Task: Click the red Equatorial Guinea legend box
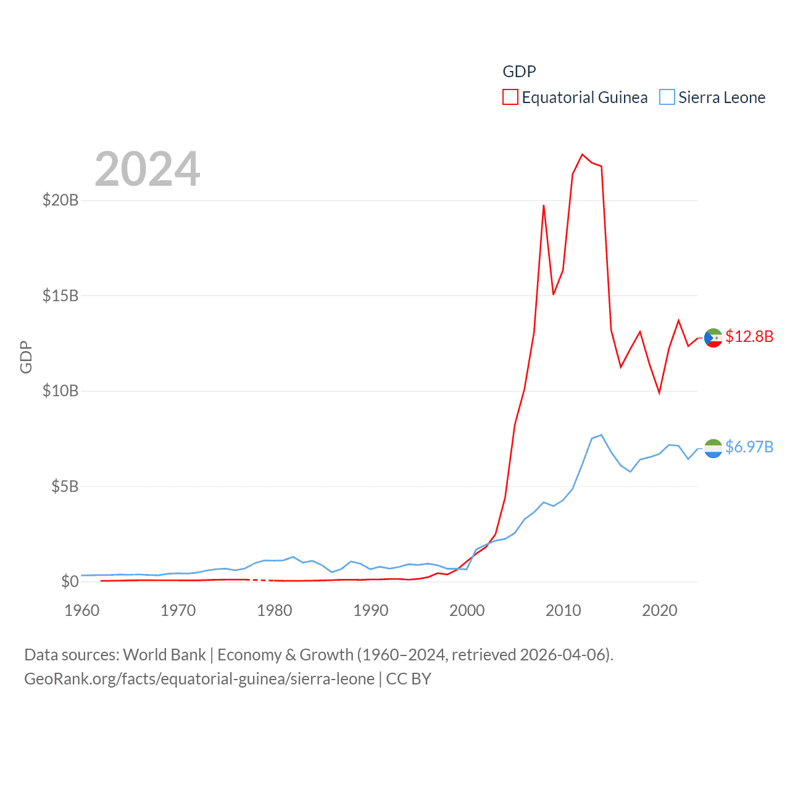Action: pyautogui.click(x=510, y=98)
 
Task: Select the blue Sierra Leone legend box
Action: pyautogui.click(x=667, y=98)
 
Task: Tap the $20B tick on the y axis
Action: pyautogui.click(x=60, y=200)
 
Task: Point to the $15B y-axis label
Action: pyautogui.click(x=60, y=296)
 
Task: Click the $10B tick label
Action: pyautogui.click(x=60, y=391)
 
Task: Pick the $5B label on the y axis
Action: pyautogui.click(x=65, y=486)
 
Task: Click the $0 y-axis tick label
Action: pyautogui.click(x=70, y=581)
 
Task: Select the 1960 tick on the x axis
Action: pyautogui.click(x=82, y=610)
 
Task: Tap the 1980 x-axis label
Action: pyautogui.click(x=275, y=610)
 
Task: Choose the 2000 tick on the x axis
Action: pyautogui.click(x=467, y=610)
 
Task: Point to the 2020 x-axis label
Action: pyautogui.click(x=660, y=610)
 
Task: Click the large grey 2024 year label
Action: pyautogui.click(x=148, y=169)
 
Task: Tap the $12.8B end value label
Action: pyautogui.click(x=749, y=336)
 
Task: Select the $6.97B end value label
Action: pyautogui.click(x=749, y=447)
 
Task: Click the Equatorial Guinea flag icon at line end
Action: pyautogui.click(x=713, y=338)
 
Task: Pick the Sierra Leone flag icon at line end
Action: pyautogui.click(x=713, y=448)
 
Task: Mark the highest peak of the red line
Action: pyautogui.click(x=582, y=154)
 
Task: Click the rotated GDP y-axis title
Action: pyautogui.click(x=26, y=357)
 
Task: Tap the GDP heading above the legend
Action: pyautogui.click(x=519, y=72)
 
